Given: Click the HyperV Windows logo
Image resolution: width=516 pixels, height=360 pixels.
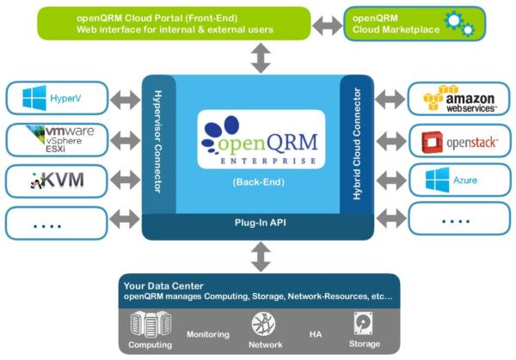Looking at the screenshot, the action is coord(34,98).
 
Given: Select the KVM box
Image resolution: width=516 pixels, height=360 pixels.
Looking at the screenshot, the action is coord(56,180).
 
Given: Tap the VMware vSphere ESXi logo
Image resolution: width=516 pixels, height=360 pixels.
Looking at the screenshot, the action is coord(60,139).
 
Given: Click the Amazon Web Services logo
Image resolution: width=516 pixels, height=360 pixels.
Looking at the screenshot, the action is coord(459,98).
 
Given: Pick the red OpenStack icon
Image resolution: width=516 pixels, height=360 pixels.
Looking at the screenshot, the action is coord(432,143).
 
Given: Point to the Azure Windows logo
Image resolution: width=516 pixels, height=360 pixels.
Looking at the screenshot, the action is coord(437,180).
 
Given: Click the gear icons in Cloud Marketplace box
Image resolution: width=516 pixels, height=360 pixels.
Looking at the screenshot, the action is coord(459,23).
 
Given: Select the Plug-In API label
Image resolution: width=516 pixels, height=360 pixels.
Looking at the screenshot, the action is coord(261,223).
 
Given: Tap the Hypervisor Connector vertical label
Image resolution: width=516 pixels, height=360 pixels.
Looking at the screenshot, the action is coord(158,142).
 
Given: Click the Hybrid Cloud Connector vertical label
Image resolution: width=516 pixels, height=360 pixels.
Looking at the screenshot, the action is coord(357,143).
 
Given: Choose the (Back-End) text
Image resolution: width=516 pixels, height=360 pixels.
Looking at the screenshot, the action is coord(258,182).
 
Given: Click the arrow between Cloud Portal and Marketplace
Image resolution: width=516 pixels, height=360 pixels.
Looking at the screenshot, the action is coord(327,26).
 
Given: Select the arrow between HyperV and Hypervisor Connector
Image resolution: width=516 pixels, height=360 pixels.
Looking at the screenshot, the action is coord(125,100).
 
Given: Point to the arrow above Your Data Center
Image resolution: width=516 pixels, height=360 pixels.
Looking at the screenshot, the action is coord(261,257).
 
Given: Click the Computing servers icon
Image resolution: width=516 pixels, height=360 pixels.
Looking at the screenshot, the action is coord(150,325).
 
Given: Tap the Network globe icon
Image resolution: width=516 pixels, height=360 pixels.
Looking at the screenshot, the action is coord(263,324).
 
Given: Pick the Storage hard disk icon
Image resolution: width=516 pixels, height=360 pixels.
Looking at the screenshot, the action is coord(363,323).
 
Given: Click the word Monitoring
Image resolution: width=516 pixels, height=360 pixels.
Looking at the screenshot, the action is coord(208,334).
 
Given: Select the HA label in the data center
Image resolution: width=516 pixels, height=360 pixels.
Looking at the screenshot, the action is coord(316,334).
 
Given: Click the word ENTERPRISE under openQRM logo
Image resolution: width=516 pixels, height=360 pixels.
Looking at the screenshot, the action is coord(268,161).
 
